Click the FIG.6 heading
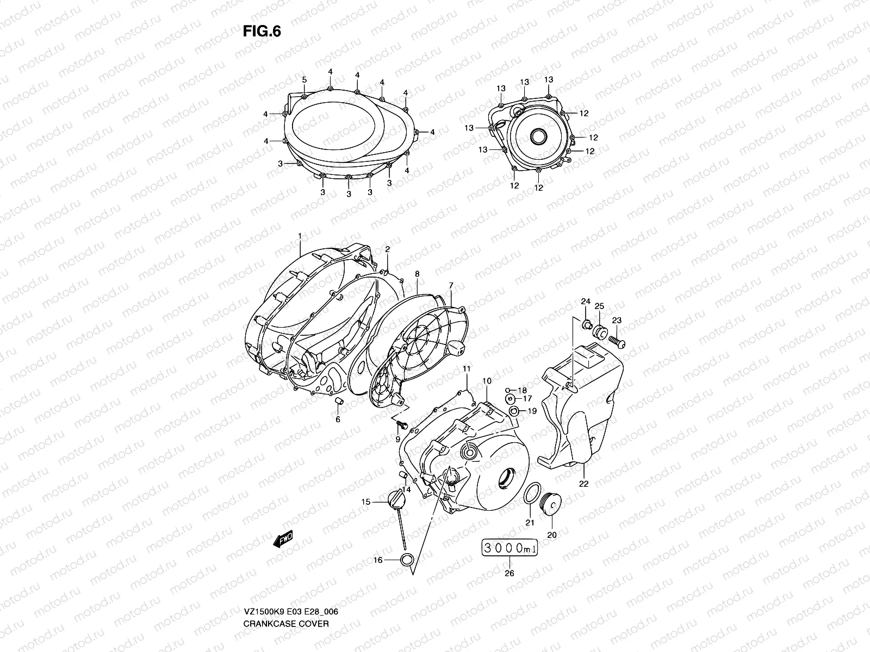[262, 32]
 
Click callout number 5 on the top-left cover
[304, 80]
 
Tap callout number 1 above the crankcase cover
[299, 235]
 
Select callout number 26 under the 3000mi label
[509, 573]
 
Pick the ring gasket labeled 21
[532, 493]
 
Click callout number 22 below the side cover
[583, 484]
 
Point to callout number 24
[586, 302]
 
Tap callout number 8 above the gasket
[417, 275]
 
